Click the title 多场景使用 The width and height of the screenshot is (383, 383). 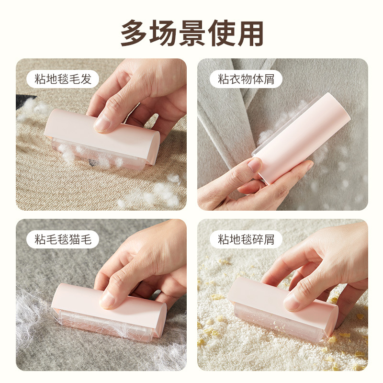[x=192, y=33]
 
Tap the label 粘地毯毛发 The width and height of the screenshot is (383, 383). [x=63, y=79]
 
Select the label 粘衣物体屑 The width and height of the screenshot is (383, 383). [x=246, y=79]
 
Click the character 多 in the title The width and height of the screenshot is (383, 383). [x=134, y=33]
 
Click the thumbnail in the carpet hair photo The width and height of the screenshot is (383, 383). [x=101, y=123]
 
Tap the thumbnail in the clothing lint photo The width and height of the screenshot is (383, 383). [x=254, y=165]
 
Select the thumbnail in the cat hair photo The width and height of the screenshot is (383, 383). [x=107, y=300]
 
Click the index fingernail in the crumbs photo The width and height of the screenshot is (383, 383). [x=292, y=302]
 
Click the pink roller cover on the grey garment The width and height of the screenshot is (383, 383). [x=302, y=138]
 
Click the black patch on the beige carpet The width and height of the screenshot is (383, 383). [x=24, y=101]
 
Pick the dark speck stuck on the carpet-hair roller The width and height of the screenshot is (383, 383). [x=92, y=162]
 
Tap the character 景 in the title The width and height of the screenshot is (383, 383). [x=192, y=33]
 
